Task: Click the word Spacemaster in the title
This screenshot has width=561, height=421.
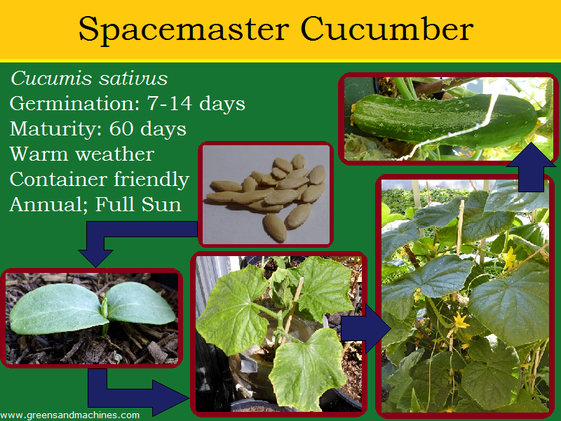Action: click(x=184, y=30)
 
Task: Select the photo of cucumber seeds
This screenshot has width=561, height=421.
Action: click(x=265, y=194)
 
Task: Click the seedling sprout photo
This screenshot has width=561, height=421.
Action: click(x=92, y=317)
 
